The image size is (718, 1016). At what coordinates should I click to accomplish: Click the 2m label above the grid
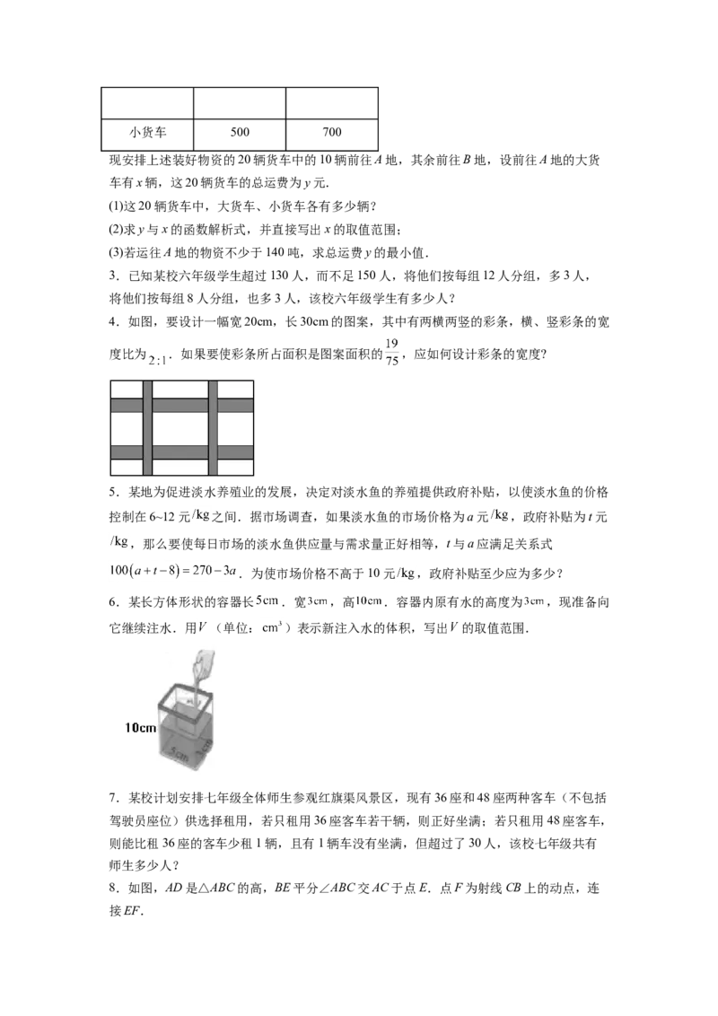tap(158, 361)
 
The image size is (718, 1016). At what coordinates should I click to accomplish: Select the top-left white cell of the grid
tap(127, 389)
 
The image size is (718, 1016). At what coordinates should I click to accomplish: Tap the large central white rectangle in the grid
tap(180, 428)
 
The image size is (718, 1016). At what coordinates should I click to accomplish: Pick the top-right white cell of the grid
tap(236, 389)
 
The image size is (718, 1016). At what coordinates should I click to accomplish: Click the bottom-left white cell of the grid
tap(127, 467)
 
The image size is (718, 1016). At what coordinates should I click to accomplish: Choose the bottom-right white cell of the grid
tap(236, 467)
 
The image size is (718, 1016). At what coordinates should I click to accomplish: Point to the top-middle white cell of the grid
tap(180, 389)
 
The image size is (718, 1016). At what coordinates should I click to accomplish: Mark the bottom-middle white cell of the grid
tap(180, 467)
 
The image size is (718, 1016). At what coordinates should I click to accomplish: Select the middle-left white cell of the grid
tap(127, 428)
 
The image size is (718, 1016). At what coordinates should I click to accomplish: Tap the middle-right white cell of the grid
tap(236, 428)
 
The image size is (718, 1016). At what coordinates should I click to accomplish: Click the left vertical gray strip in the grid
tap(148, 428)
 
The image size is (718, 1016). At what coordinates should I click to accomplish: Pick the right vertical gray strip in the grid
tap(214, 428)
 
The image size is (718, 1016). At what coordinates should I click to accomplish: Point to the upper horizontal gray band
tap(180, 405)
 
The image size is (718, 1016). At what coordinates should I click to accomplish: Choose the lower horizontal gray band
tap(180, 451)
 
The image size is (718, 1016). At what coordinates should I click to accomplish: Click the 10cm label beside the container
tap(140, 728)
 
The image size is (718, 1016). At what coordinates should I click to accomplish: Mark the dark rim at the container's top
tap(184, 692)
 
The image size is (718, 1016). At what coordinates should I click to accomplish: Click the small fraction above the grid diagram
tap(391, 353)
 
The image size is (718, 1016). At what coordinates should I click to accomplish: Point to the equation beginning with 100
tap(175, 570)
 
